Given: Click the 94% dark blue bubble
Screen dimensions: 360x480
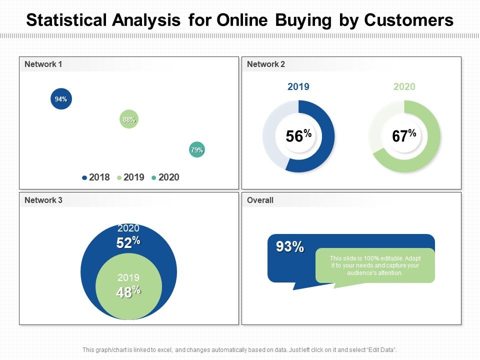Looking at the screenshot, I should click(61, 99).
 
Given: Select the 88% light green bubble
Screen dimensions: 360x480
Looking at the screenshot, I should click(129, 119).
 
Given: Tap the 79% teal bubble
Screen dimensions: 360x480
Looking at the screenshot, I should click(196, 150).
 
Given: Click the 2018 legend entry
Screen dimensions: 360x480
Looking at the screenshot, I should click(96, 177).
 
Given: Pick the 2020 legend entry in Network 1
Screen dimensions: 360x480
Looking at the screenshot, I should click(165, 177).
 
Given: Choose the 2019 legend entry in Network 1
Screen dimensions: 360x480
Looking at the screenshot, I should click(131, 177).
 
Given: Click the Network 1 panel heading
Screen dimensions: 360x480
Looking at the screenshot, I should click(43, 64).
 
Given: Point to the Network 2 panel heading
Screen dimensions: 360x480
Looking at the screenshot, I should click(266, 64).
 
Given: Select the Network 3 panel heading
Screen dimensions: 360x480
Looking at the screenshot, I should click(43, 200).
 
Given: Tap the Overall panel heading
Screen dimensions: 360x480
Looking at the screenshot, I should click(260, 200).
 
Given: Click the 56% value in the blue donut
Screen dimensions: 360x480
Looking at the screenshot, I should click(298, 136).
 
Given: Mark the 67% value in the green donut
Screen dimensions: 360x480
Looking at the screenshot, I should click(404, 136).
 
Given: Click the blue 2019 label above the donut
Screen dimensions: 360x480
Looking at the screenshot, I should click(298, 87).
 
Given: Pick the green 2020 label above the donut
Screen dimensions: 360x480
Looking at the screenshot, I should click(404, 87).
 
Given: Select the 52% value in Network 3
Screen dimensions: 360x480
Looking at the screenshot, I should click(128, 242).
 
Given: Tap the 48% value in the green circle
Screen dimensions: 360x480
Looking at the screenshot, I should click(128, 292).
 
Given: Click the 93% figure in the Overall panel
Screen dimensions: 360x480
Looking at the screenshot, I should click(290, 246).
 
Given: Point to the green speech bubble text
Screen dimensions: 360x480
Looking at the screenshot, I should click(375, 265).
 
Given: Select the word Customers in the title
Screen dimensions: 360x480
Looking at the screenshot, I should click(409, 20).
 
